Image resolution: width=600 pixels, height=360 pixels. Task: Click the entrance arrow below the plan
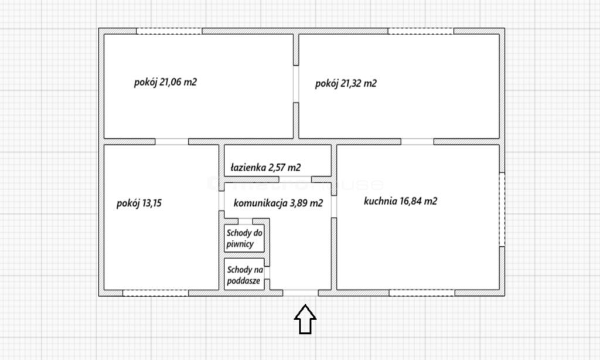(305, 319)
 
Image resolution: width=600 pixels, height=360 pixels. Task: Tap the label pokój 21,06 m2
(165, 82)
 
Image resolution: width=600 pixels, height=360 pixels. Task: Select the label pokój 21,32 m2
(346, 83)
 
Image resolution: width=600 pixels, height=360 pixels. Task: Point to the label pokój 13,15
(139, 203)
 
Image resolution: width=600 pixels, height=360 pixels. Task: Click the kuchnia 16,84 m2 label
(400, 201)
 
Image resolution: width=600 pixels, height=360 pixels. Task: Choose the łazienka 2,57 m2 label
(265, 167)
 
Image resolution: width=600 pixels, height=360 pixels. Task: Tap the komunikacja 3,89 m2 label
(278, 203)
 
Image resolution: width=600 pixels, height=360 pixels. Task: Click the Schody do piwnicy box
(244, 238)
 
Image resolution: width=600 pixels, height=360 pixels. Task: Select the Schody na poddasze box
(244, 274)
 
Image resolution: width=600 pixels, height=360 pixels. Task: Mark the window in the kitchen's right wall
(502, 209)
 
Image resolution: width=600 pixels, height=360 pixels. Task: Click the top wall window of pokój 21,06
(169, 31)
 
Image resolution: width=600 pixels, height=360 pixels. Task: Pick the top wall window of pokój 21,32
(421, 31)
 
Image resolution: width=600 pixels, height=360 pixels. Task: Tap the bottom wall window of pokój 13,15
(156, 293)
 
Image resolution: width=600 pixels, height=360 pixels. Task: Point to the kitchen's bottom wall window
(422, 293)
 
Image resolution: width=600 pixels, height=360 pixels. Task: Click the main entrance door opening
(301, 293)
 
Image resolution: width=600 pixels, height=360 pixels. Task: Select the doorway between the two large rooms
(296, 84)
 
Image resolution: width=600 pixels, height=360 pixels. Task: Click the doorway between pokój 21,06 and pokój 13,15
(172, 142)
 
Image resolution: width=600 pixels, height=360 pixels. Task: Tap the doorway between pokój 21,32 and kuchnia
(417, 142)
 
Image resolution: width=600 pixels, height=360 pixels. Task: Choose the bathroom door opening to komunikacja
(295, 179)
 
